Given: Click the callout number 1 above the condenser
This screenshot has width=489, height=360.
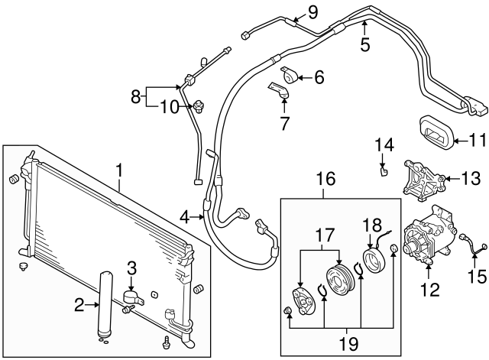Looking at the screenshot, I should [119, 167].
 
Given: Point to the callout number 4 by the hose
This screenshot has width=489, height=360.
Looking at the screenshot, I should [185, 218].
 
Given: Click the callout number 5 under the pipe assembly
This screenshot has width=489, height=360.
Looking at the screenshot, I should [365, 44].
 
